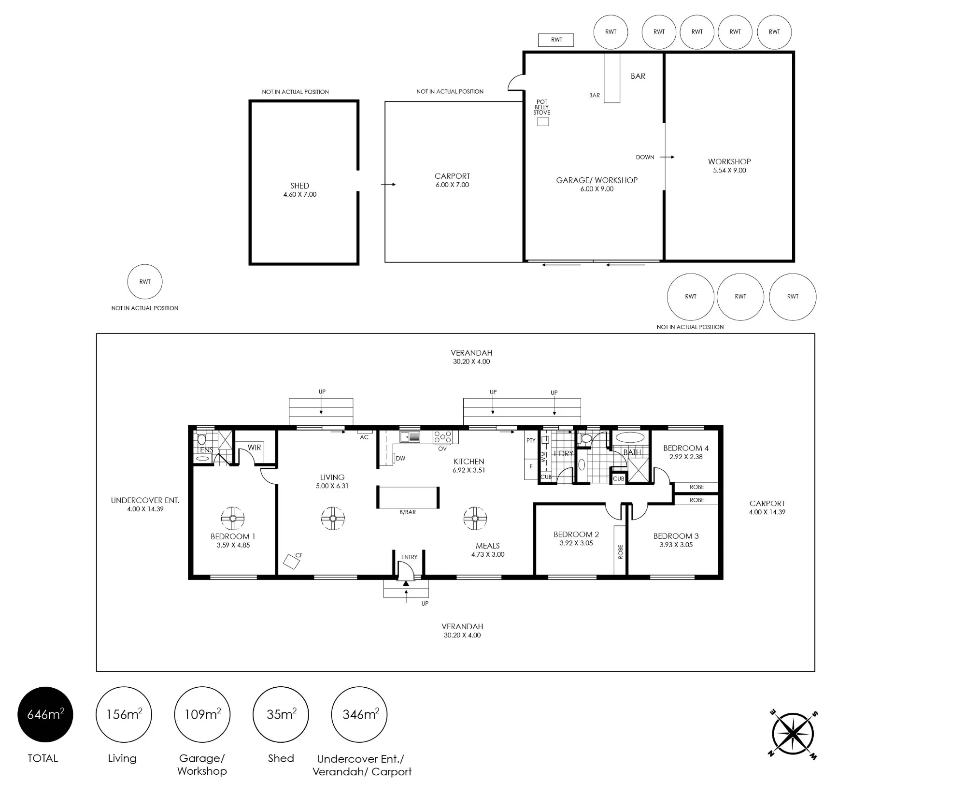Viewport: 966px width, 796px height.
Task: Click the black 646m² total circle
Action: click(x=45, y=714)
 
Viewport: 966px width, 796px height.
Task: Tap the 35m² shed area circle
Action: click(x=281, y=714)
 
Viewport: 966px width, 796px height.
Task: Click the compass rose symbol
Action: click(x=793, y=735)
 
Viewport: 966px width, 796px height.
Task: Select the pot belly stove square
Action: click(x=543, y=122)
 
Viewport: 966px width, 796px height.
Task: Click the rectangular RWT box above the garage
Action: click(x=556, y=40)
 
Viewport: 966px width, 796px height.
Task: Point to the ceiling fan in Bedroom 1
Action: click(x=233, y=519)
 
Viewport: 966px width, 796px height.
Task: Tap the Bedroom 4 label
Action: click(x=686, y=448)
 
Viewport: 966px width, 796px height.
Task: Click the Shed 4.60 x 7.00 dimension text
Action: click(x=300, y=194)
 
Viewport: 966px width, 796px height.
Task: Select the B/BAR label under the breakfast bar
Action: click(x=408, y=512)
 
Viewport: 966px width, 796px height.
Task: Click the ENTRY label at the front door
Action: click(x=409, y=557)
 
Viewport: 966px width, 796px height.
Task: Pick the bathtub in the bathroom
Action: click(x=629, y=438)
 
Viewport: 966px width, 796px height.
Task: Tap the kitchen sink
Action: click(x=410, y=437)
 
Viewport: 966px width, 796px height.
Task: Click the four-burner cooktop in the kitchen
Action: click(x=443, y=437)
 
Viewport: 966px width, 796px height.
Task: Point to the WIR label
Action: click(x=255, y=448)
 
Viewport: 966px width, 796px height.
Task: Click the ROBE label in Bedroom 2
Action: click(x=621, y=552)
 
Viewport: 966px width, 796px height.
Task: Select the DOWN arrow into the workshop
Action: click(x=667, y=157)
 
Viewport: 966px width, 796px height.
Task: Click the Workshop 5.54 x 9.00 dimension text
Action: click(x=729, y=170)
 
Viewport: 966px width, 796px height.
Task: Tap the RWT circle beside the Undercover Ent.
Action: click(x=145, y=282)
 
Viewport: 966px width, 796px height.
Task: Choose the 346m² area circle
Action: click(x=359, y=714)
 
